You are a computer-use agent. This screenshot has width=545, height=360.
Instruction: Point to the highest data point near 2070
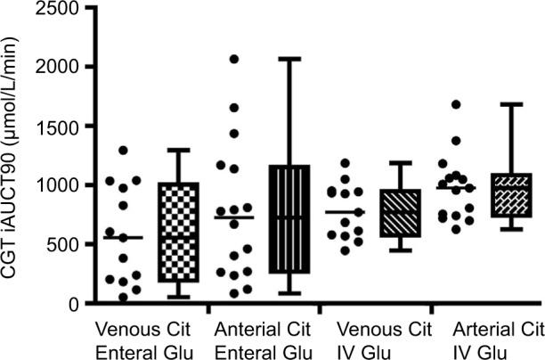click(x=234, y=59)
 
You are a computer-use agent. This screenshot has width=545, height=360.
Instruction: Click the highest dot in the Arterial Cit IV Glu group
click(x=456, y=104)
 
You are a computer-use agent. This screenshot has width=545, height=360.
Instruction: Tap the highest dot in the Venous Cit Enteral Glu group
click(x=124, y=151)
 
